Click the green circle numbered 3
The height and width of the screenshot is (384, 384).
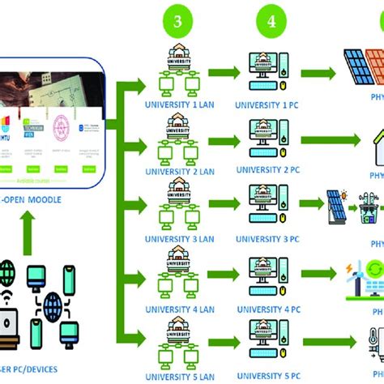(x=177, y=23)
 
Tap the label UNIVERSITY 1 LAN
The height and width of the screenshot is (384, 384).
(x=179, y=105)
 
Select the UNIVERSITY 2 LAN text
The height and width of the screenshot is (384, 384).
(x=179, y=173)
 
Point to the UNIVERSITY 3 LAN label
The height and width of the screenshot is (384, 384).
(x=179, y=239)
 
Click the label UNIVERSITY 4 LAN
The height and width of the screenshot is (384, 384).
(x=179, y=308)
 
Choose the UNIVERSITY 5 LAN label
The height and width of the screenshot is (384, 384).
(x=179, y=375)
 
